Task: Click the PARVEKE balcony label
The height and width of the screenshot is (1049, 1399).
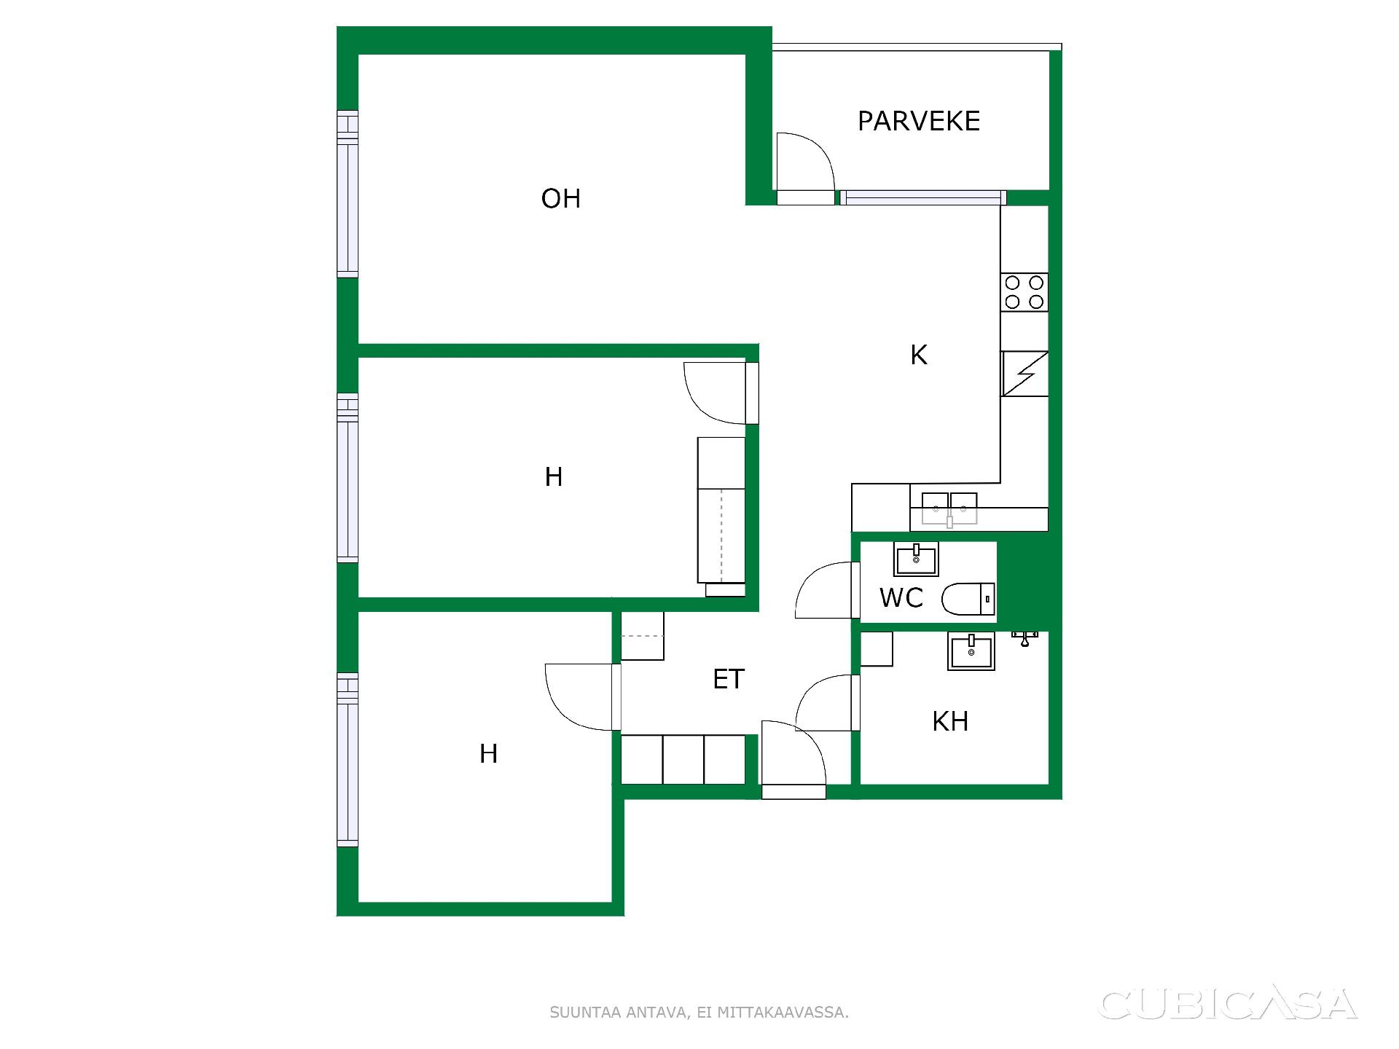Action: (x=918, y=121)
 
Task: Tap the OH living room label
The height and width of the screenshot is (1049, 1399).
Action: (x=560, y=199)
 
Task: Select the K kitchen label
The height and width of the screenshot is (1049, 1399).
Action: (x=919, y=355)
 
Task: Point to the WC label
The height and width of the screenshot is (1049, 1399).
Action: (x=901, y=598)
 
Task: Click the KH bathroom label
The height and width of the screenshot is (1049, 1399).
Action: (x=950, y=721)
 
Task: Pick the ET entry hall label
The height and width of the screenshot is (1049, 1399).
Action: (x=729, y=679)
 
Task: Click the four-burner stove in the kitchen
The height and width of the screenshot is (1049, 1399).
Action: (x=1024, y=292)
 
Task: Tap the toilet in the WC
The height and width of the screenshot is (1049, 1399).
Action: (x=968, y=600)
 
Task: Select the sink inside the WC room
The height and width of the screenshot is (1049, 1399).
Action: (x=916, y=559)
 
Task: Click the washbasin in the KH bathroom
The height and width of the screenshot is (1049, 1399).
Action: (x=971, y=651)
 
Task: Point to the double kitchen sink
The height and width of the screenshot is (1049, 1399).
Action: (x=949, y=509)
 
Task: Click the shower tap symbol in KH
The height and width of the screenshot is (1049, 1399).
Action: (x=1024, y=639)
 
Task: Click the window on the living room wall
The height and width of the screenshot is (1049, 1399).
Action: (x=348, y=194)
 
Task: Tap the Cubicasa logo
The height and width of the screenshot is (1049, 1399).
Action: (x=1228, y=1005)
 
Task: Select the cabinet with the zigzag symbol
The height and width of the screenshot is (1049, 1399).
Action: (x=1024, y=374)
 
